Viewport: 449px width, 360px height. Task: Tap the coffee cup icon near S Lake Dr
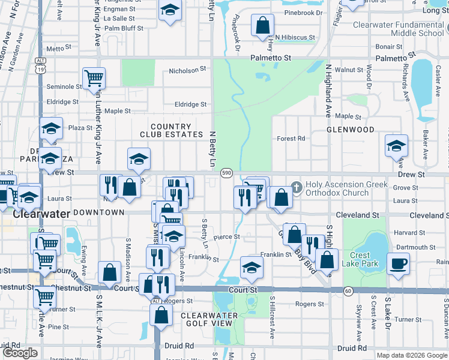point(398,263)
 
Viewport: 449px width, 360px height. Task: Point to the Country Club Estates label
point(171,130)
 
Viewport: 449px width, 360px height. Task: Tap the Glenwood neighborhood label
point(351,130)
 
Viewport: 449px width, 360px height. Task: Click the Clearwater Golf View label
point(206,319)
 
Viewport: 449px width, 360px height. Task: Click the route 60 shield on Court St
point(348,291)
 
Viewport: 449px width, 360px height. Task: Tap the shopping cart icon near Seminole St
point(94,78)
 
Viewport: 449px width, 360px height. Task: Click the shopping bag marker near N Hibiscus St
point(262,26)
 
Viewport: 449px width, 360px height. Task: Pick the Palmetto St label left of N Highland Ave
point(271,58)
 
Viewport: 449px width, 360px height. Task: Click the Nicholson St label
point(187,71)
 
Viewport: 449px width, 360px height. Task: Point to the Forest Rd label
point(291,139)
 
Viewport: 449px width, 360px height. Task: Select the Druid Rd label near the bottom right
point(352,348)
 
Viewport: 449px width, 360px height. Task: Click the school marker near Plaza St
point(52,128)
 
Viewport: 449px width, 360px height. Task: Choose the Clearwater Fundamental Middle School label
point(399,29)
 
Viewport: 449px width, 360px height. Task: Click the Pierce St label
point(227,237)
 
